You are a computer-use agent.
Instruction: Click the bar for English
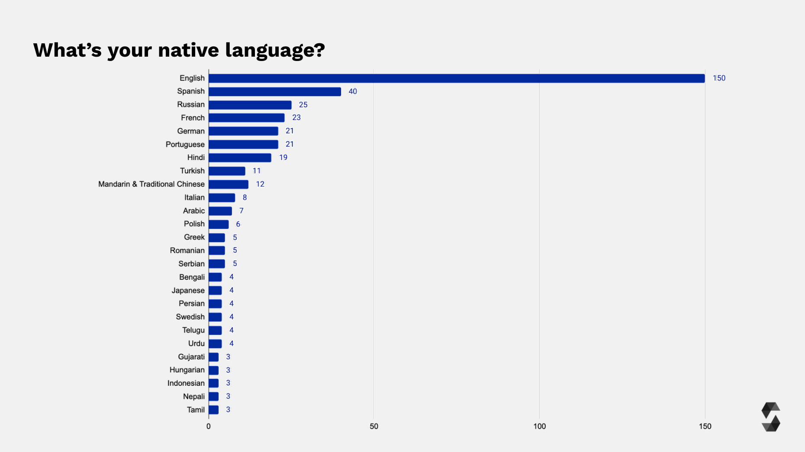[x=457, y=78]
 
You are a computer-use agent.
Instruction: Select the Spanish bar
[x=275, y=92]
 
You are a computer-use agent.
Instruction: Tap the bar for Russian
[x=250, y=105]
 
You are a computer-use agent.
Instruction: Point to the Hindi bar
[x=240, y=158]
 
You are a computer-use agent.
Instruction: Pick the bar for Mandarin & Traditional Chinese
[x=229, y=184]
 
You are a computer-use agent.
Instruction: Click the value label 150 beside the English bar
[x=719, y=78]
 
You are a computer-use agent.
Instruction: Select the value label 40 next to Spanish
[x=353, y=92]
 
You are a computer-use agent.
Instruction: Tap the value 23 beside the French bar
[x=296, y=118]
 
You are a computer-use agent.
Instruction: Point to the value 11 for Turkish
[x=257, y=171]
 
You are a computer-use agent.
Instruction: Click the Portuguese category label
[x=185, y=144]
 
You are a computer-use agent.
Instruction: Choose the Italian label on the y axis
[x=194, y=198]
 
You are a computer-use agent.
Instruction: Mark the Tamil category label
[x=196, y=410]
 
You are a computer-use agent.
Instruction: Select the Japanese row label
[x=188, y=291]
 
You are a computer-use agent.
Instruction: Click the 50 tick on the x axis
[x=374, y=426]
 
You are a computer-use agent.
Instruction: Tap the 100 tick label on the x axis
[x=539, y=426]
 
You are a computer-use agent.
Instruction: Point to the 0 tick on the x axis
[x=209, y=426]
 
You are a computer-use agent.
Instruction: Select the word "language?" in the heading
[x=275, y=51]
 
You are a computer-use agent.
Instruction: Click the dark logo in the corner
[x=770, y=417]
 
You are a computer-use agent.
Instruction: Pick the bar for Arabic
[x=220, y=211]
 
